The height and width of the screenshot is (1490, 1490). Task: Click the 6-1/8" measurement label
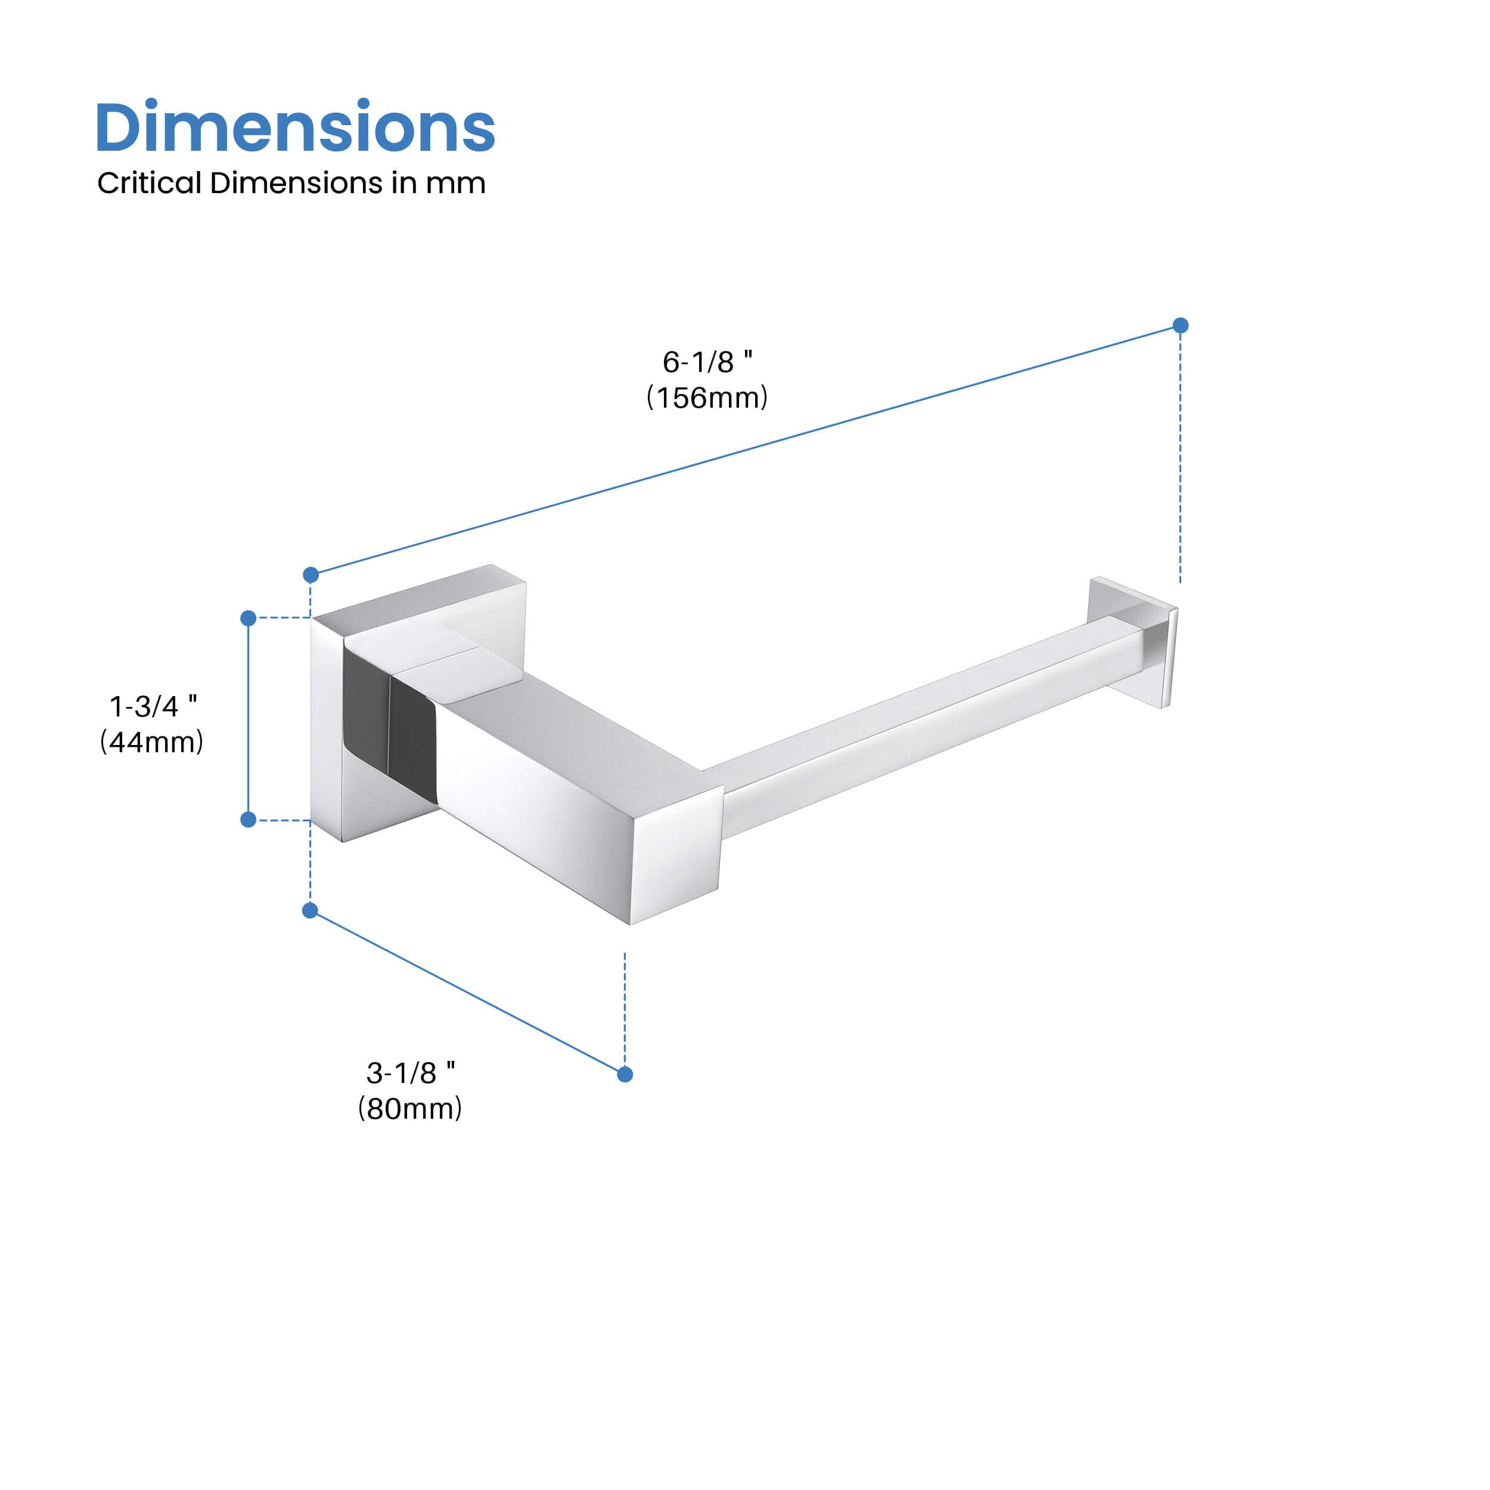tap(706, 362)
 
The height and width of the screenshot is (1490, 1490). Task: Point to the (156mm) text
tap(706, 398)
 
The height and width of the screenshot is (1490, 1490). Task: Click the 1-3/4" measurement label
tap(153, 706)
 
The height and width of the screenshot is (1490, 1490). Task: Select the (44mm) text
tap(152, 742)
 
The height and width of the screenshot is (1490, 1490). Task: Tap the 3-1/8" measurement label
tap(409, 1073)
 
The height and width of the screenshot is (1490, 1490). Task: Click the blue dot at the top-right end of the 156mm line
tap(1180, 325)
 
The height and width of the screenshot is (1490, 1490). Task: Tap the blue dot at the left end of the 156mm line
tap(311, 575)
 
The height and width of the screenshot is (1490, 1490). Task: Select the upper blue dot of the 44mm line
tap(249, 617)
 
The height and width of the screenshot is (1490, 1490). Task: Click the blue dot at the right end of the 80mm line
tap(625, 1075)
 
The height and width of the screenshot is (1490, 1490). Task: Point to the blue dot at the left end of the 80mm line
tap(310, 911)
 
